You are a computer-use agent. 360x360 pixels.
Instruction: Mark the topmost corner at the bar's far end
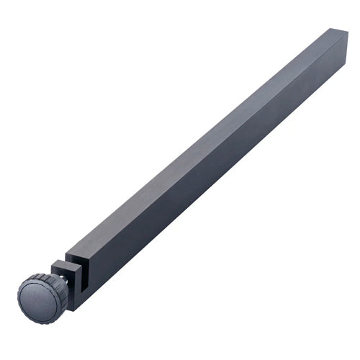(x=333, y=29)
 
